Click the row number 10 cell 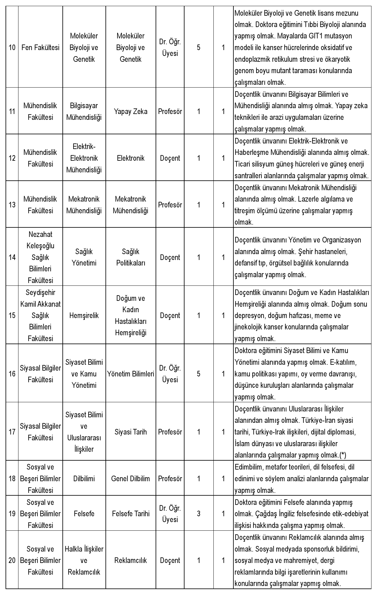(12, 48)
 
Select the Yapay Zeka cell (131, 111)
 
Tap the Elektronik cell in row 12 (131, 158)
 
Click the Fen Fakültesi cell (40, 48)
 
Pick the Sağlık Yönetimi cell (84, 257)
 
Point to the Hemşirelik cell (84, 315)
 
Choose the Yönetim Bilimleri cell (131, 374)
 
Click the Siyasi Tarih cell (131, 432)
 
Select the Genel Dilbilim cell (131, 478)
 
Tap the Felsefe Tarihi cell (131, 513)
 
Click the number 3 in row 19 (199, 513)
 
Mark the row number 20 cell (12, 560)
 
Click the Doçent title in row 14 (170, 257)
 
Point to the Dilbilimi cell (84, 478)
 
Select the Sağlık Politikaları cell (131, 257)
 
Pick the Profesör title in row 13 (170, 205)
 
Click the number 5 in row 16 (199, 374)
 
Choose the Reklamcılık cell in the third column (131, 560)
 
